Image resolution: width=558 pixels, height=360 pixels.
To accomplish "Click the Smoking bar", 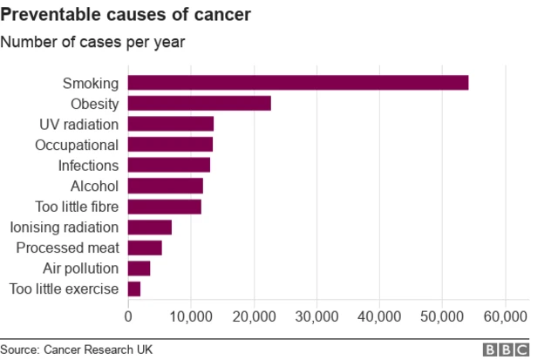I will [298, 83].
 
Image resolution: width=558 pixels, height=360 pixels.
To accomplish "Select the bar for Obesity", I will [200, 104].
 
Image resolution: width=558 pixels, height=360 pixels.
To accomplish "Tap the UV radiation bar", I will [171, 124].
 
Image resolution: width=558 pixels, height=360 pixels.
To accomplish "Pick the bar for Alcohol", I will [166, 186].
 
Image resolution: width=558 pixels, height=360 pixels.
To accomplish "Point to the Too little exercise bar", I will [134, 289].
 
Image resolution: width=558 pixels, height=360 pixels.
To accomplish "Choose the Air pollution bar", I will [139, 268].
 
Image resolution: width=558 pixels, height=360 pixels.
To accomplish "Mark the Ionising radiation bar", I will [150, 228].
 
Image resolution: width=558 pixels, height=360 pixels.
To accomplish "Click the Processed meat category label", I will [67, 248].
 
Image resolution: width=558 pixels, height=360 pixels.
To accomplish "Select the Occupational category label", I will [76, 145].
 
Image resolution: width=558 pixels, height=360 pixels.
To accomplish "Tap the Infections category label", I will [87, 166].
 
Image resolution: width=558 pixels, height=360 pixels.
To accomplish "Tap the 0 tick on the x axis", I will [128, 316].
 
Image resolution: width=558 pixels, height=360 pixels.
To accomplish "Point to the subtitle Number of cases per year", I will [92, 41].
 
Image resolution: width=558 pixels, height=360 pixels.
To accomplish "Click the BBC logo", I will [507, 350].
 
